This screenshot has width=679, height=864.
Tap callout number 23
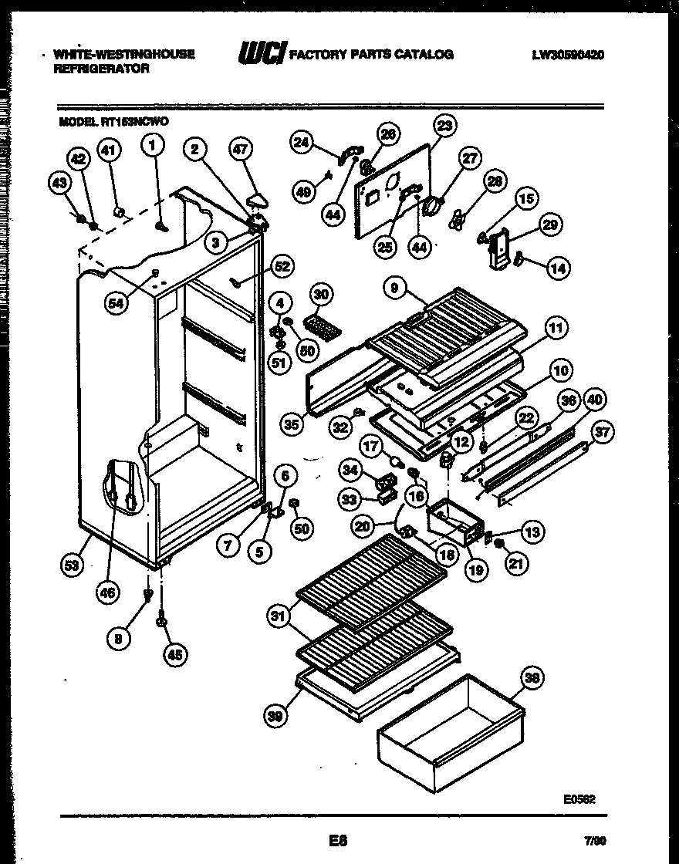coord(444,124)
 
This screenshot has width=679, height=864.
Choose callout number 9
coord(395,290)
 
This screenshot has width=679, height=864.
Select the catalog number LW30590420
coord(567,55)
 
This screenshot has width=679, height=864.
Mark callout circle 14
coord(558,268)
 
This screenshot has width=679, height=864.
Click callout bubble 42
coord(78,160)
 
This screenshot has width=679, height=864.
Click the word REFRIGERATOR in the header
coord(100,68)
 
